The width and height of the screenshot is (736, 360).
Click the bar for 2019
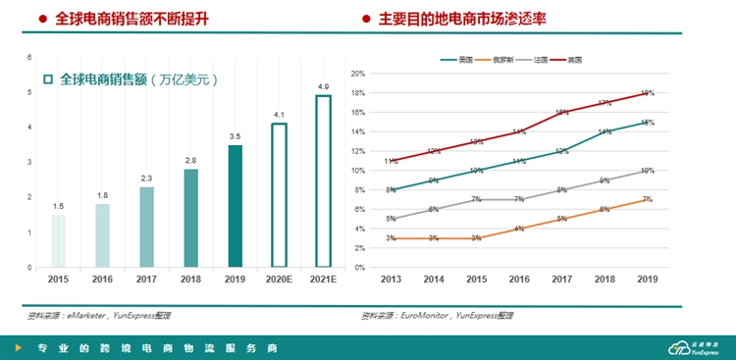click(x=236, y=206)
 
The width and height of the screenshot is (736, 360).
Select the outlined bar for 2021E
click(x=323, y=181)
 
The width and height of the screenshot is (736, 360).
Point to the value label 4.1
click(x=280, y=115)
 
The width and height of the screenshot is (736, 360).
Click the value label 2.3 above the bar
click(x=146, y=178)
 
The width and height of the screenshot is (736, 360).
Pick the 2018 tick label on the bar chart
click(x=190, y=280)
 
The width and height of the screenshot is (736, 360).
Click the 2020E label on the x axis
click(x=280, y=280)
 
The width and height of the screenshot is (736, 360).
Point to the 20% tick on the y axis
click(x=358, y=74)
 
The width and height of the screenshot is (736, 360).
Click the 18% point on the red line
click(x=648, y=93)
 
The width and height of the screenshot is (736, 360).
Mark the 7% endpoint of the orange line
click(x=648, y=199)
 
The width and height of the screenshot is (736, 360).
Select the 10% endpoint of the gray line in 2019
click(x=648, y=171)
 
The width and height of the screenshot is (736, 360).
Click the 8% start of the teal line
click(x=391, y=189)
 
